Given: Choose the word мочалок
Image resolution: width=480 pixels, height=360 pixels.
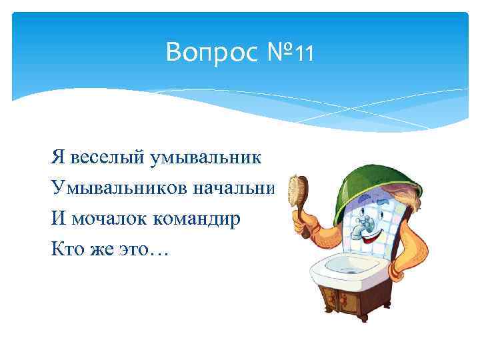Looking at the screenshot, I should tap(99, 219).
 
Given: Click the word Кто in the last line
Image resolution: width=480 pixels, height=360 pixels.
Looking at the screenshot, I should tap(65, 250).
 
